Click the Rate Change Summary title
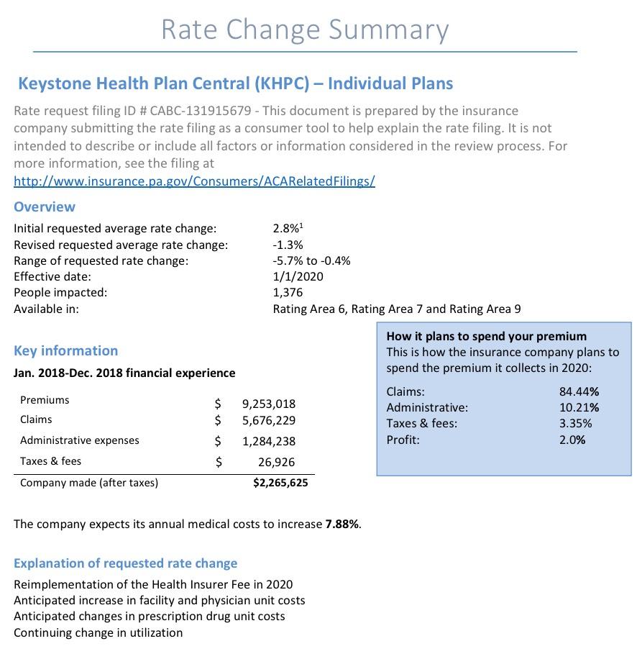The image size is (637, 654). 305,29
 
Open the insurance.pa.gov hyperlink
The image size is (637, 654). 194,181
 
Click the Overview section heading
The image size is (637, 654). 45,206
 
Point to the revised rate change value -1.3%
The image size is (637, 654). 288,245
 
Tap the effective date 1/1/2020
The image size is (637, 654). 298,276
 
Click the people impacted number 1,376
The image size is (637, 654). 288,292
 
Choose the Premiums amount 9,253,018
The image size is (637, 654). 269,404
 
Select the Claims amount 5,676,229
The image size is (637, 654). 269,420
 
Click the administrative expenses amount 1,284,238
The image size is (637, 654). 269,441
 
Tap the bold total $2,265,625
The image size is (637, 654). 280,483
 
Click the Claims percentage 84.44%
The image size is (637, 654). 579,391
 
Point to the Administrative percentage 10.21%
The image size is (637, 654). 579,407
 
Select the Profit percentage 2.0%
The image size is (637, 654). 572,439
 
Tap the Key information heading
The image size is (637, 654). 66,350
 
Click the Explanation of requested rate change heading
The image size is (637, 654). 126,563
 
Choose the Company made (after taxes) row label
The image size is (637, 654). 89,483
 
